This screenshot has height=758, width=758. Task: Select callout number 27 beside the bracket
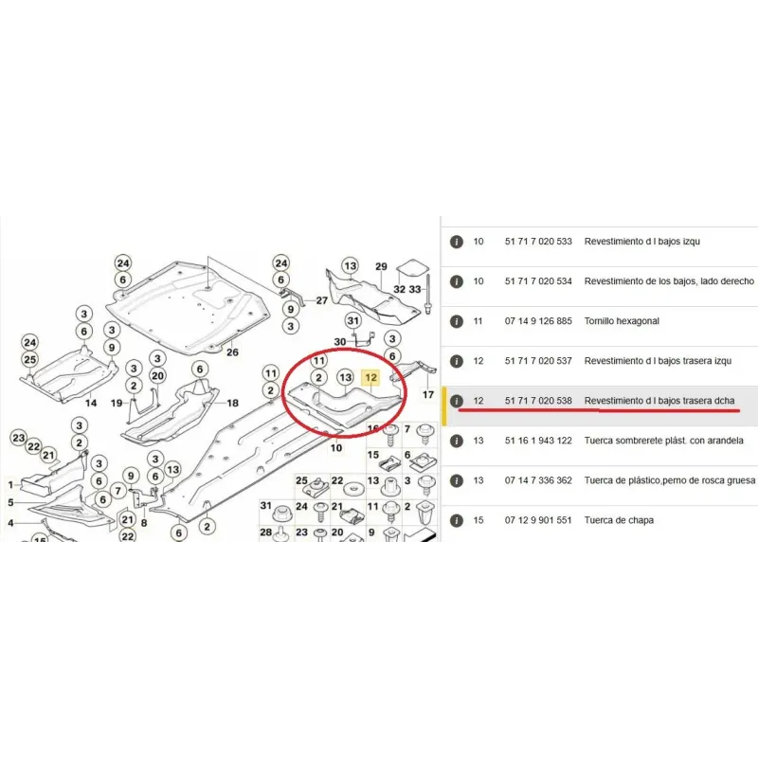click(321, 300)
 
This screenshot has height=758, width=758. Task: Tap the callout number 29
click(382, 267)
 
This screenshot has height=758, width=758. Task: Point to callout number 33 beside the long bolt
click(415, 288)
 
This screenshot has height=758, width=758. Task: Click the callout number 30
click(340, 341)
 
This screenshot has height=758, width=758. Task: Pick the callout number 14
click(91, 403)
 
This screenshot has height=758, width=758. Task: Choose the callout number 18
click(232, 403)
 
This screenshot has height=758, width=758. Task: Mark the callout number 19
click(117, 403)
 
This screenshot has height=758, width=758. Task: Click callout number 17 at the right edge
click(428, 394)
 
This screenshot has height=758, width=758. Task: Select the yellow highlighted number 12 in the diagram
click(371, 378)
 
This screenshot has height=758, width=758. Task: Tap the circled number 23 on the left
click(18, 437)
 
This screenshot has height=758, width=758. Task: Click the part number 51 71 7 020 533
click(538, 242)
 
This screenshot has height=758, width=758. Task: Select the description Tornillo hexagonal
click(622, 321)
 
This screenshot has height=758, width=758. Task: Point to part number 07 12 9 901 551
click(538, 520)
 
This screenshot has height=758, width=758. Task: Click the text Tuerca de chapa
click(619, 520)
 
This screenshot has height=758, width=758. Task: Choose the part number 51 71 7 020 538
click(538, 401)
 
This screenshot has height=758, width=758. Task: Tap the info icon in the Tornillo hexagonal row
click(457, 321)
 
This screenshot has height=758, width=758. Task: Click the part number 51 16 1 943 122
click(538, 441)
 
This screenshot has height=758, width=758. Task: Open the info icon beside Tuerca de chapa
click(457, 520)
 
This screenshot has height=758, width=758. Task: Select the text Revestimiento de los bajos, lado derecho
click(669, 281)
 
